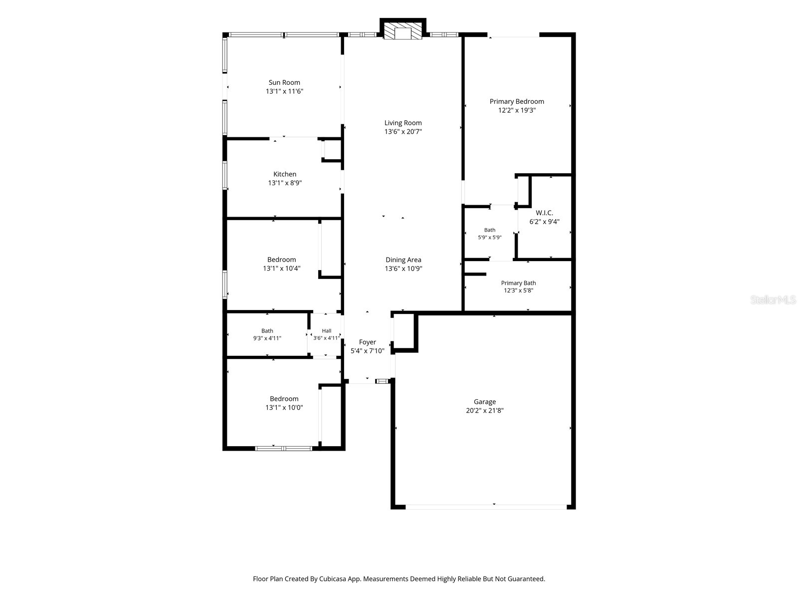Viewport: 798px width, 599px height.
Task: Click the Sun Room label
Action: point(284,82)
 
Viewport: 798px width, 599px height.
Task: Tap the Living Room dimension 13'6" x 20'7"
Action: point(403,132)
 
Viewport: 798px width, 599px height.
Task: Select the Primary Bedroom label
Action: point(517,101)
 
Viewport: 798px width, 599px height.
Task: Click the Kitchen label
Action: point(285,174)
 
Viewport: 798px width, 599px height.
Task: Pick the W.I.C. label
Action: point(544,213)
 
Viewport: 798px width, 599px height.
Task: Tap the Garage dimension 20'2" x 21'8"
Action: point(485,410)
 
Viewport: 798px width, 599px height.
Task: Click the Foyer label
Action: point(367,342)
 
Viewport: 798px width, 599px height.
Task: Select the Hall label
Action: point(327,330)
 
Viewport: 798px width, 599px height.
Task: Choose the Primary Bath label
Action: point(518,283)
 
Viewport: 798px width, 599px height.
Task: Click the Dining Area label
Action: point(403,260)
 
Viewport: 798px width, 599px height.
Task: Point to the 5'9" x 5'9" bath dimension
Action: point(489,238)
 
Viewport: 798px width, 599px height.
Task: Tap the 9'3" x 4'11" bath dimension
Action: point(267,338)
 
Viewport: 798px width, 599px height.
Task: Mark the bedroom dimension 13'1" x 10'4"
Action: point(282,269)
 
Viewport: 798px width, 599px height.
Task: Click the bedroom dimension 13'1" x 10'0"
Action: point(284,407)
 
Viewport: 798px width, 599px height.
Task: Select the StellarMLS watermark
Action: point(773,299)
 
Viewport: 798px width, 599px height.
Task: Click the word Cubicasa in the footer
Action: point(332,579)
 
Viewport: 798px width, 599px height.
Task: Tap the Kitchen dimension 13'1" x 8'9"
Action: point(285,183)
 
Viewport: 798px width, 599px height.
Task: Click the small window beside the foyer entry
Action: point(383,381)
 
